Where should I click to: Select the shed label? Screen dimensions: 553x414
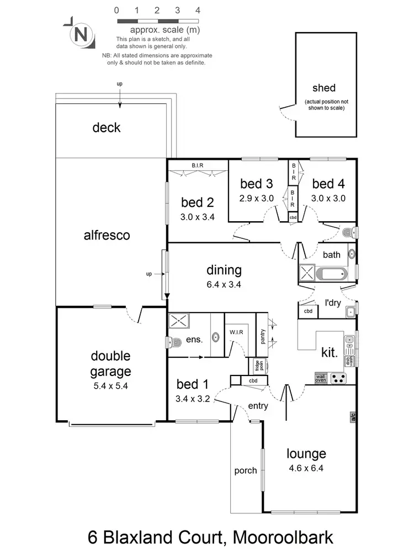[x=323, y=88]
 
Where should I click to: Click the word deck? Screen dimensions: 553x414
[x=106, y=128]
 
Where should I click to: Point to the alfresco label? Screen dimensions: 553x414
[x=107, y=236]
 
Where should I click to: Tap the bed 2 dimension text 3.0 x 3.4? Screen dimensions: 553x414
[x=198, y=217]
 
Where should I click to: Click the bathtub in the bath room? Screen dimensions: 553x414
[x=330, y=273]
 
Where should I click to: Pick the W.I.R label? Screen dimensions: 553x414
[x=237, y=333]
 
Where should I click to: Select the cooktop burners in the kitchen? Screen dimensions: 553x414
[x=340, y=379]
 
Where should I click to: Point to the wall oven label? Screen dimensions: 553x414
[x=321, y=378]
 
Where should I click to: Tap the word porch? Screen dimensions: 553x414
[x=246, y=471]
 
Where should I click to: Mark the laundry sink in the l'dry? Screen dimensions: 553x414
[x=350, y=312]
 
